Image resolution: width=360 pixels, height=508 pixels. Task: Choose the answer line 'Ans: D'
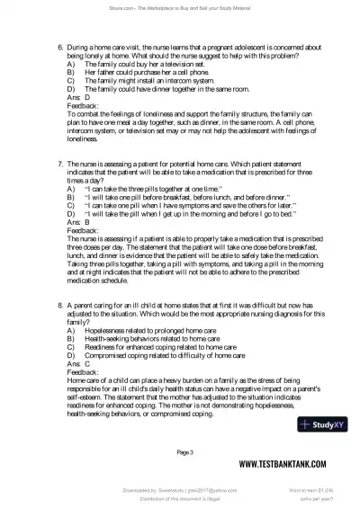tap(78, 96)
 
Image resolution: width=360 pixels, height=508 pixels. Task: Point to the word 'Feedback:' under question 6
tap(84, 104)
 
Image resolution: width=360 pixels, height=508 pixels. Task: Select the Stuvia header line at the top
tap(180, 7)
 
